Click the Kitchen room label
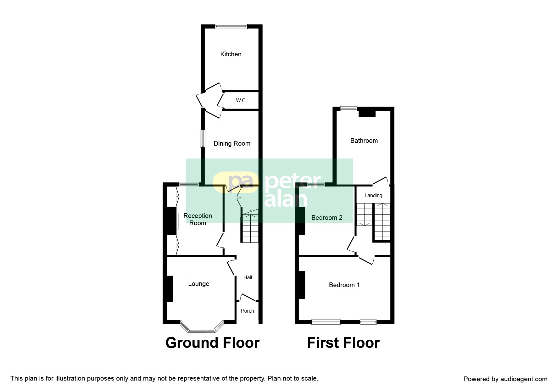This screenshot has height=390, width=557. (x=231, y=54)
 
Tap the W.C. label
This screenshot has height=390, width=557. (x=241, y=101)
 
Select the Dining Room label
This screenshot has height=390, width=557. (x=232, y=144)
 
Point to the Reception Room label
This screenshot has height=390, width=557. (x=198, y=220)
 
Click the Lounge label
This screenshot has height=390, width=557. (x=199, y=284)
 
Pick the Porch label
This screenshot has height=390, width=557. (x=248, y=311)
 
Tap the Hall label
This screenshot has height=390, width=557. (x=248, y=278)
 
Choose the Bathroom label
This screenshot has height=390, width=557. (x=364, y=141)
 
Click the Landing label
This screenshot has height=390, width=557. (x=373, y=196)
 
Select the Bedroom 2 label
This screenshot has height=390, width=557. (x=327, y=218)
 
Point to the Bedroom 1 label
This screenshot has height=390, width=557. (x=344, y=285)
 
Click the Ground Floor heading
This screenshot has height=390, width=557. (x=213, y=343)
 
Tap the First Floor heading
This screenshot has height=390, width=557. (x=343, y=343)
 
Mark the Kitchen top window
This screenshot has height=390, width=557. (x=231, y=27)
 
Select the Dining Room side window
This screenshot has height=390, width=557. (x=203, y=138)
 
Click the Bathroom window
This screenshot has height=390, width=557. (x=349, y=109)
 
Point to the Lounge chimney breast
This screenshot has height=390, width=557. (x=170, y=289)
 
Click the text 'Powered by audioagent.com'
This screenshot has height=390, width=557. (x=505, y=379)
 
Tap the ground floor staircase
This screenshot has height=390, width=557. (x=250, y=226)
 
